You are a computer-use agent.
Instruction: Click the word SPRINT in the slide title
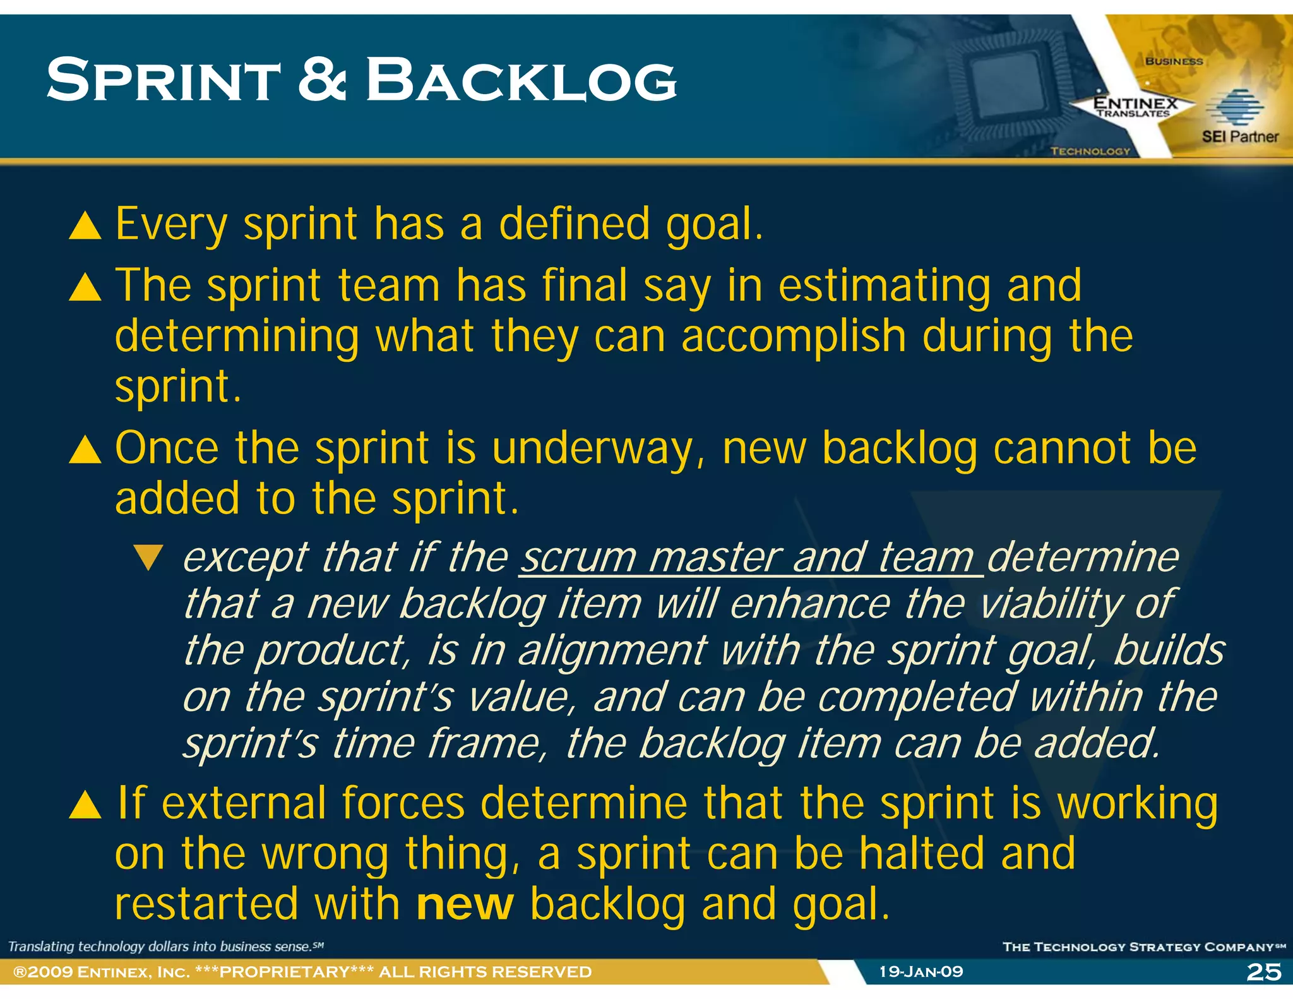[163, 80]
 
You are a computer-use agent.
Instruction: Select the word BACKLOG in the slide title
[521, 80]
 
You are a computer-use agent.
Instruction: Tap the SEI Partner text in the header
[1239, 136]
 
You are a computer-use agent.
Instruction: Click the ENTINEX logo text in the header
[1135, 104]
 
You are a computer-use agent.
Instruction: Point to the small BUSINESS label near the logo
[1174, 61]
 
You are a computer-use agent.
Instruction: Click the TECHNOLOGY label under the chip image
[1090, 152]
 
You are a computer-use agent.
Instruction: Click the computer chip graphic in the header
[1004, 82]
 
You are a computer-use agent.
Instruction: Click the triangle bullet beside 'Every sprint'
[85, 225]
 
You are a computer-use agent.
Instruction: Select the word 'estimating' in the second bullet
[884, 286]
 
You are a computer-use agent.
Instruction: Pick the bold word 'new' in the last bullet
[465, 904]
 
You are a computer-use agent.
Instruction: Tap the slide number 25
[1264, 972]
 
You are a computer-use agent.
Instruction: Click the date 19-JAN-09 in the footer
[921, 972]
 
